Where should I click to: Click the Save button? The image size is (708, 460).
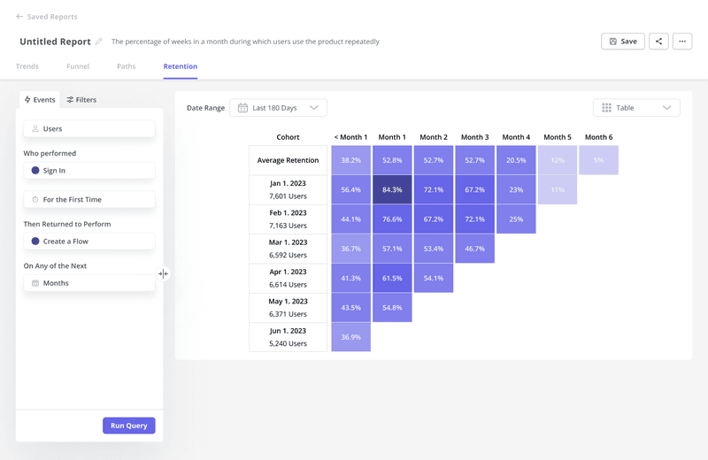click(623, 42)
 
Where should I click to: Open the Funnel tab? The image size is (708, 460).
click(78, 66)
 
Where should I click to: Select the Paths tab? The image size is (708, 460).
click(127, 66)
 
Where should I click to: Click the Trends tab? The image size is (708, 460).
click(27, 66)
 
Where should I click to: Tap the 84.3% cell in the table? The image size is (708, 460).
click(392, 190)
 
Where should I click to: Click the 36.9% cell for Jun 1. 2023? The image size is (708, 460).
click(350, 337)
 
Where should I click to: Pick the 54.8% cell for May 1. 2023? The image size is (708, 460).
click(392, 308)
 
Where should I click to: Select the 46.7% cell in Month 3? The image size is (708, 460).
click(474, 249)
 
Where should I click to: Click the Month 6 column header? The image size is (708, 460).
click(598, 137)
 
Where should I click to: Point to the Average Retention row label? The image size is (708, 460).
click(288, 160)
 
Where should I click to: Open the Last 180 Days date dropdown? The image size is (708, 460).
click(278, 108)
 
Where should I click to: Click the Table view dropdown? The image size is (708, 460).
click(636, 108)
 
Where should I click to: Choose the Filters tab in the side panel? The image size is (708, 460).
click(81, 100)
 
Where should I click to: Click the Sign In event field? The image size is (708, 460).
click(89, 171)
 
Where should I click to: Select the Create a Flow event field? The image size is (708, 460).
click(89, 241)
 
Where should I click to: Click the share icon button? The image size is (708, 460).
click(658, 42)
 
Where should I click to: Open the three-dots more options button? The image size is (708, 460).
click(681, 42)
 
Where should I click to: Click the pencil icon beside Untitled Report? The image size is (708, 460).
click(99, 42)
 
